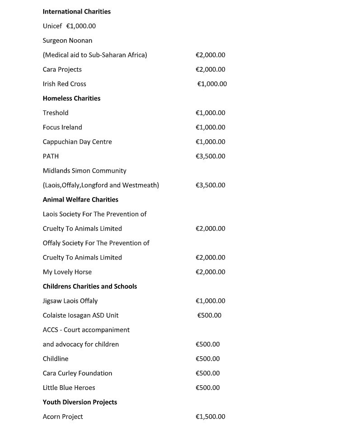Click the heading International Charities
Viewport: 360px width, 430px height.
[76, 11]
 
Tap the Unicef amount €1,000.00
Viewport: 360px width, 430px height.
[81, 26]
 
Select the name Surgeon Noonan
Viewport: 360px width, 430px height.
[67, 40]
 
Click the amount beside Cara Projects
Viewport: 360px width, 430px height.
[210, 69]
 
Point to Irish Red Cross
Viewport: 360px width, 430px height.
[64, 84]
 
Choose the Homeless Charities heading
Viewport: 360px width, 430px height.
[71, 98]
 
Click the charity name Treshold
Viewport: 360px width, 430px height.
[56, 113]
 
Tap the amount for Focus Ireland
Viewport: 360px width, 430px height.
[210, 127]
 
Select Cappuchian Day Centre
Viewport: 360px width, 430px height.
[77, 142]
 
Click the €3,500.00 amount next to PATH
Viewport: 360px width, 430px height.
[210, 156]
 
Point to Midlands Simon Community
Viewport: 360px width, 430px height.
[84, 170]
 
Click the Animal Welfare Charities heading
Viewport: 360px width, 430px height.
[80, 199]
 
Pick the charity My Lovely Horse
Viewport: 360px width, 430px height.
[67, 272]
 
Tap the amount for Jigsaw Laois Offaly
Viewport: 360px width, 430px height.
[210, 301]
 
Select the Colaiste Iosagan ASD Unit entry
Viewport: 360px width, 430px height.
[80, 315]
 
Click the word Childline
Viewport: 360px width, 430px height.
[56, 359]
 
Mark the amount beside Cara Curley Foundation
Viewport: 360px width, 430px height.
[207, 373]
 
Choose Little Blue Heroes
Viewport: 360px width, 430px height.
[69, 387]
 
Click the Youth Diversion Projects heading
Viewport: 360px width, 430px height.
[79, 402]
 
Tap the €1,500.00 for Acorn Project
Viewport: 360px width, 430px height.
[210, 416]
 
